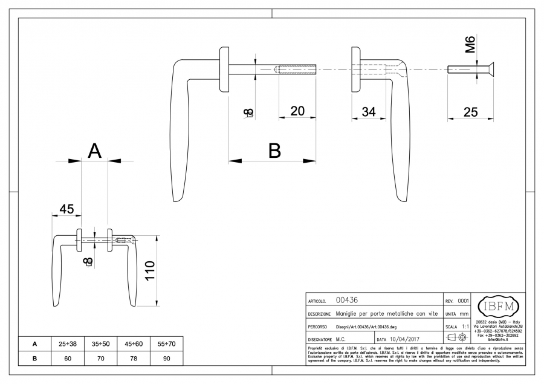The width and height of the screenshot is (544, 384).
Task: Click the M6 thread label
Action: [471, 45]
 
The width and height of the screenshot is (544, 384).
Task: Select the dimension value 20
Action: [297, 111]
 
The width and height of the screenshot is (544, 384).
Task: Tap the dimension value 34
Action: [369, 111]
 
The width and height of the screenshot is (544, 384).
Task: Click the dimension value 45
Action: [66, 209]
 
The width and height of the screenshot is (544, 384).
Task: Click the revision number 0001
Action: [463, 301]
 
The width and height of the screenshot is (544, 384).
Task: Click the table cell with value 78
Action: [133, 358]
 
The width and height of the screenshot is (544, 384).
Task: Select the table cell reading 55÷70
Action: [166, 343]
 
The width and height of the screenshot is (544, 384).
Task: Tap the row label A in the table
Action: [34, 343]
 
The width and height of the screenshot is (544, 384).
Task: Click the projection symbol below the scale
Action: [457, 337]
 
